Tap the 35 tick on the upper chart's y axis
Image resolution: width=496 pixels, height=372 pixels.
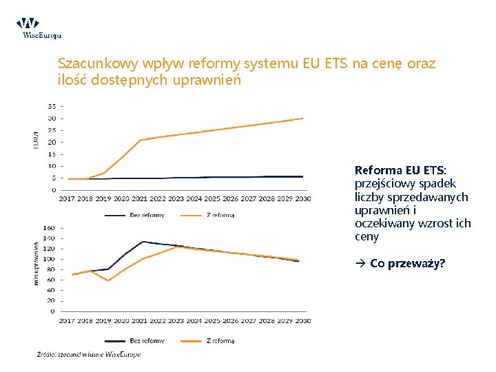point(52,106)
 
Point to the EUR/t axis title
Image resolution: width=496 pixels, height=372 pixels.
point(37,141)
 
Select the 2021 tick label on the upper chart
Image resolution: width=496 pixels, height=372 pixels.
point(140,198)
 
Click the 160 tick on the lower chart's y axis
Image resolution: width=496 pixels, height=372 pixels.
point(50,227)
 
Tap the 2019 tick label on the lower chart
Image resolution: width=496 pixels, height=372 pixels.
point(103,320)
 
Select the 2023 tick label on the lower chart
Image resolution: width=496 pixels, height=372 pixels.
point(176,320)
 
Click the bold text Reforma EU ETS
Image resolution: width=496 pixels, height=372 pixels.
point(400,170)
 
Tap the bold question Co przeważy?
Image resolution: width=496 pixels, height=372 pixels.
point(407,263)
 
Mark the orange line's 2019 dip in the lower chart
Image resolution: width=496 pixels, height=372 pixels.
point(107,280)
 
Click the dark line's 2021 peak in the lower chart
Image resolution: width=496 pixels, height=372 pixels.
point(142,242)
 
